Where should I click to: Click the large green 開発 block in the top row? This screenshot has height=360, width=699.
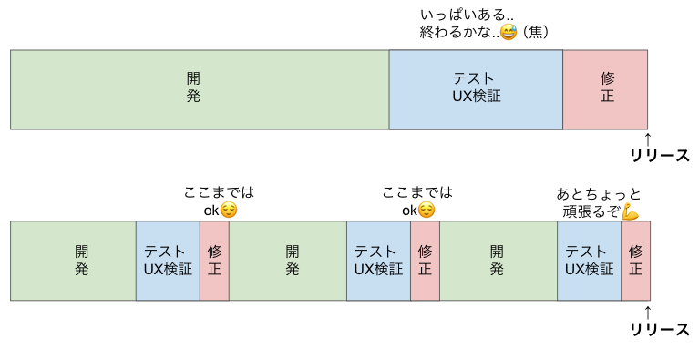(x=200, y=88)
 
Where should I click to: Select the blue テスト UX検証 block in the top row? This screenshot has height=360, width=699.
(x=476, y=88)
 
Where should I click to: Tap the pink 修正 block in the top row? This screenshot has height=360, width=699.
(x=605, y=88)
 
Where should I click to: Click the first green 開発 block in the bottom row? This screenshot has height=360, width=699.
(x=73, y=260)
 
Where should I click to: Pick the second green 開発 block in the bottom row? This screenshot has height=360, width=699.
(x=287, y=260)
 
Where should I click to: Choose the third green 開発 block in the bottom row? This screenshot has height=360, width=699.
(x=498, y=260)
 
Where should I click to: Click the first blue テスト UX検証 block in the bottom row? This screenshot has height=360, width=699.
(x=168, y=260)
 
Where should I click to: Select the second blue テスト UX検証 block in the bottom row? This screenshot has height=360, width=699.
(x=378, y=260)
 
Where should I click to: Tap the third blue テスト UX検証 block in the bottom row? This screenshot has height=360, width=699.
(x=589, y=260)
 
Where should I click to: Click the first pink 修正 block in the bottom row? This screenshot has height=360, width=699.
(x=214, y=260)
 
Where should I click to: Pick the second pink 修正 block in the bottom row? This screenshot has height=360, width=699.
(x=425, y=260)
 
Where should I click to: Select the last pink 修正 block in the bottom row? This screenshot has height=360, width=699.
(x=635, y=260)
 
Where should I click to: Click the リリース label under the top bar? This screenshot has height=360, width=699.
(x=660, y=155)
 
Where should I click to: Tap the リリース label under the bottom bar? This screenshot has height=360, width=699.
(x=660, y=329)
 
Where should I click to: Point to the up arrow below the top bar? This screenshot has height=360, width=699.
(x=648, y=138)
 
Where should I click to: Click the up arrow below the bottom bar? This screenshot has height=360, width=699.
(x=648, y=311)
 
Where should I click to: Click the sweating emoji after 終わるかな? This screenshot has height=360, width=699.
(x=508, y=33)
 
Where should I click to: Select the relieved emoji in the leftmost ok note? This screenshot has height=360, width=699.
(x=229, y=211)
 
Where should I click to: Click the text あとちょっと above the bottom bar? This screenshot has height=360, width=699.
(x=598, y=194)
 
